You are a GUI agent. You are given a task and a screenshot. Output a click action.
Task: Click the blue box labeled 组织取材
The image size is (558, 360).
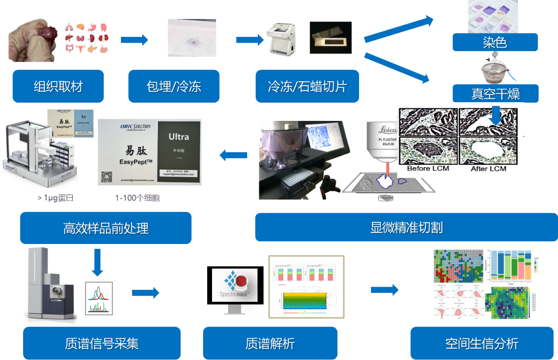tap(58, 86)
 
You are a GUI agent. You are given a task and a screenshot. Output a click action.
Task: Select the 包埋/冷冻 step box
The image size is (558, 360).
tap(174, 86)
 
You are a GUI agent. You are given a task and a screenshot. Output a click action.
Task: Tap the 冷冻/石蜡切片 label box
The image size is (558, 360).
tap(307, 86)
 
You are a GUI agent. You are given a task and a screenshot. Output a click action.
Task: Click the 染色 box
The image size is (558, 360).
tap(495, 43)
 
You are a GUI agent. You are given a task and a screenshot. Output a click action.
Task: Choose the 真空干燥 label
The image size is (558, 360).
tap(495, 94)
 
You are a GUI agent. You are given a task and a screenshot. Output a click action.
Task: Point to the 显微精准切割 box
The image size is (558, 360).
tap(406, 228)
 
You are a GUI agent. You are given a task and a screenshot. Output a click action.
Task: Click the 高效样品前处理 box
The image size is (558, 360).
tap(106, 228)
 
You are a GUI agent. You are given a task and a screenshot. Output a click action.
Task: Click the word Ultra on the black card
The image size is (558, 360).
tap(178, 136)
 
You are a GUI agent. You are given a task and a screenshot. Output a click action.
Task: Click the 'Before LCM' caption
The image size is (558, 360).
tap(428, 168)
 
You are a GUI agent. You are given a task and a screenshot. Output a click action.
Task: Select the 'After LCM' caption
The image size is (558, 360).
tap(488, 168)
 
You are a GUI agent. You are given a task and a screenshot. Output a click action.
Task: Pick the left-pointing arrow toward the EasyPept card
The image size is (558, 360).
tap(233, 155)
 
